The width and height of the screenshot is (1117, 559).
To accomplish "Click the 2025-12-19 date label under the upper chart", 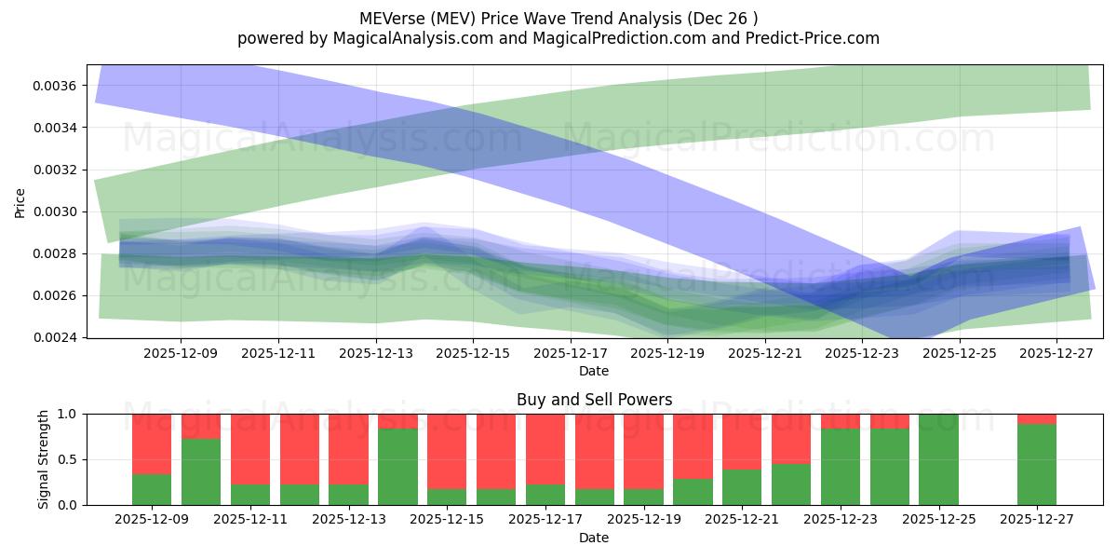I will [667, 354].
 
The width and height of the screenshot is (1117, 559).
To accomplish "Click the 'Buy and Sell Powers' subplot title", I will [594, 400].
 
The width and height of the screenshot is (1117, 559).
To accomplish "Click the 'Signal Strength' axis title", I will [43, 458].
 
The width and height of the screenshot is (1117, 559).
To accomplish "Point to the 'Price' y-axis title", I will [20, 201].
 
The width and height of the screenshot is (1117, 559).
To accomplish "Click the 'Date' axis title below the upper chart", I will [594, 371].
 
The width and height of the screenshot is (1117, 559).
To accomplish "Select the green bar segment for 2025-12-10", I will [201, 471].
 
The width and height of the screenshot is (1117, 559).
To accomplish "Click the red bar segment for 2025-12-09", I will [152, 443].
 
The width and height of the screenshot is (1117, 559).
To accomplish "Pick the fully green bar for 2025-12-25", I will [938, 459].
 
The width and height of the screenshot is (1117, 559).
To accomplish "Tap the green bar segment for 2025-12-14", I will [397, 466].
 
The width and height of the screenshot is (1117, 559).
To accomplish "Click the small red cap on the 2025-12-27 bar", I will [1036, 418].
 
